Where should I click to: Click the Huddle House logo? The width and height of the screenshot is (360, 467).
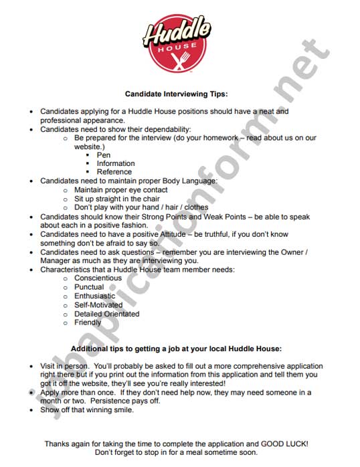click(x=178, y=43)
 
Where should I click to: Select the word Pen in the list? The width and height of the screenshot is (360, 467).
click(x=104, y=155)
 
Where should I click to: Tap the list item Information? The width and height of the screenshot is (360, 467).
click(x=116, y=163)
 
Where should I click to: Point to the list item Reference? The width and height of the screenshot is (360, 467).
click(x=114, y=172)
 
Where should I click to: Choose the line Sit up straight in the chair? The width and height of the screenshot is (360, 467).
click(x=116, y=199)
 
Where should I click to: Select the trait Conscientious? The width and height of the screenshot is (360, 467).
click(x=98, y=278)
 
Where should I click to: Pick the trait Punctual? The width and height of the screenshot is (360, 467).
click(x=89, y=287)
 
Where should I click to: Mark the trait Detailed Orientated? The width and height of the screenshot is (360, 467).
click(x=106, y=313)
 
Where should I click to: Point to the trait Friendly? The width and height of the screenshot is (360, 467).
click(x=88, y=322)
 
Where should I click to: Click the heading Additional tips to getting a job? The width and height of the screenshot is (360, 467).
click(x=177, y=349)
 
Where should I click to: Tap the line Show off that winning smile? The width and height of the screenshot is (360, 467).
click(x=87, y=410)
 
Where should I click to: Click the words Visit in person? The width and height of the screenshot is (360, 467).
click(x=65, y=367)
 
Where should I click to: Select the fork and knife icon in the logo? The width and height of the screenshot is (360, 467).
click(x=179, y=60)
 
